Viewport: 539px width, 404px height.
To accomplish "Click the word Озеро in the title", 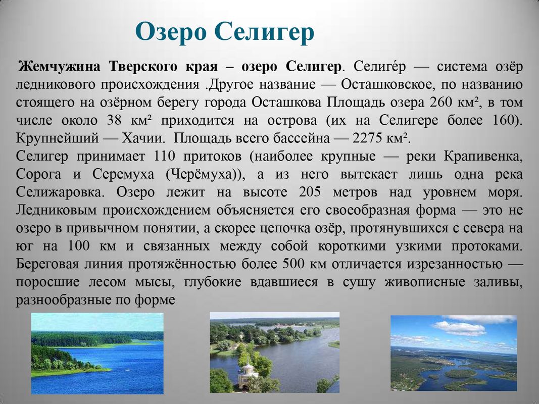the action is (171, 32).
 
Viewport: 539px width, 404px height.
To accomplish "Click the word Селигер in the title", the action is (264, 32).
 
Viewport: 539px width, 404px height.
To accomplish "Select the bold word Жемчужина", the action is (60, 66).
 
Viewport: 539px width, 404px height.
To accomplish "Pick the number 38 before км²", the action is (115, 120).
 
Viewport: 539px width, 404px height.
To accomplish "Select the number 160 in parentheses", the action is (504, 120).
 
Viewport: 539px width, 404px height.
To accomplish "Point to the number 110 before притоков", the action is (164, 156).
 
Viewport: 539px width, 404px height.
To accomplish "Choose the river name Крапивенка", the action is (483, 157).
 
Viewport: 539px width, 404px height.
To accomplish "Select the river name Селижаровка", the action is (60, 192).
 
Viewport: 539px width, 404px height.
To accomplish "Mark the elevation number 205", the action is (310, 192).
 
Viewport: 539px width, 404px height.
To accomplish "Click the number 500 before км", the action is (293, 264).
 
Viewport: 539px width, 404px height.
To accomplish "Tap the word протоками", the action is (487, 246).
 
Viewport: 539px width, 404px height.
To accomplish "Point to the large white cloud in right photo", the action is (460, 328).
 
